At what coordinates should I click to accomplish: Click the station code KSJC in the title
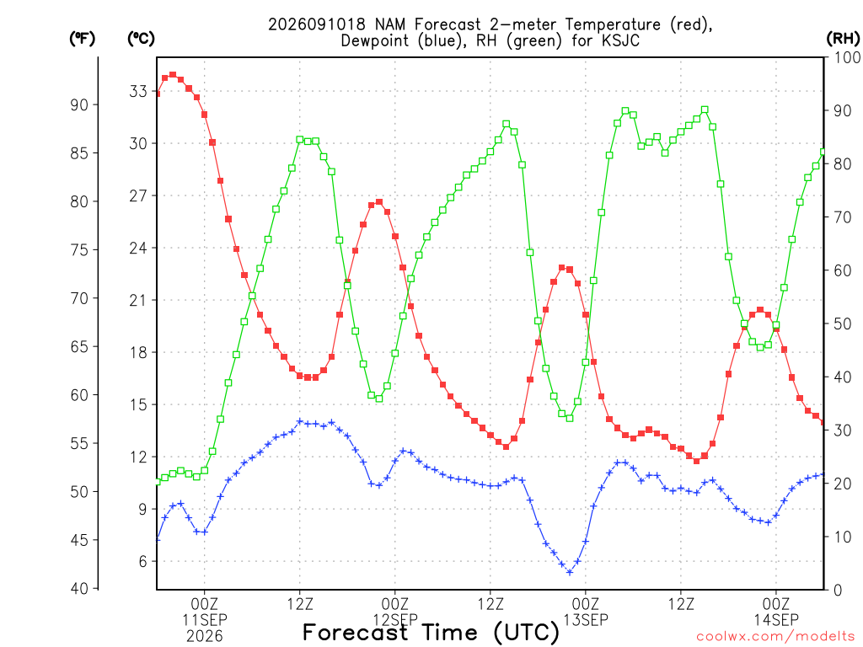pos(619,40)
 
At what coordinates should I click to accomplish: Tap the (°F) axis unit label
pos(82,39)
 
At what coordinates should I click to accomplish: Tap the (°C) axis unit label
pos(141,39)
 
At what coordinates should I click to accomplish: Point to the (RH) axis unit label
pos(844,39)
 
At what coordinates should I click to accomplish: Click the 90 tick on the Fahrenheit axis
pos(79,104)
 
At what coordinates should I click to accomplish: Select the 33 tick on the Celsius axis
pos(138,91)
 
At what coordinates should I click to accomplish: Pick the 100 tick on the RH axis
pos(847,57)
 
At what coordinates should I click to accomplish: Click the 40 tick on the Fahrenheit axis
pos(79,588)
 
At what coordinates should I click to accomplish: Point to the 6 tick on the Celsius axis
pos(143,561)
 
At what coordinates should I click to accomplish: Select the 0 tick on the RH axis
pos(838,590)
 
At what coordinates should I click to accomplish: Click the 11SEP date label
pos(205,619)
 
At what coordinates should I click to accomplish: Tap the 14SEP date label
pos(776,619)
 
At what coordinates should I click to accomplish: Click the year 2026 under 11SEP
pos(205,636)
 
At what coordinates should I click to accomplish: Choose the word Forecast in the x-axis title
pos(356,632)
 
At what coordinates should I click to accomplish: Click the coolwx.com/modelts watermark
pos(775,636)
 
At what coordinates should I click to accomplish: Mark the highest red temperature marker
pos(173,75)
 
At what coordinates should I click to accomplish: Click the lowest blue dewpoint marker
pos(570,572)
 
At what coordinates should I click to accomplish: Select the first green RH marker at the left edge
pos(158,482)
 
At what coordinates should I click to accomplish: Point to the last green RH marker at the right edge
pos(823,152)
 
